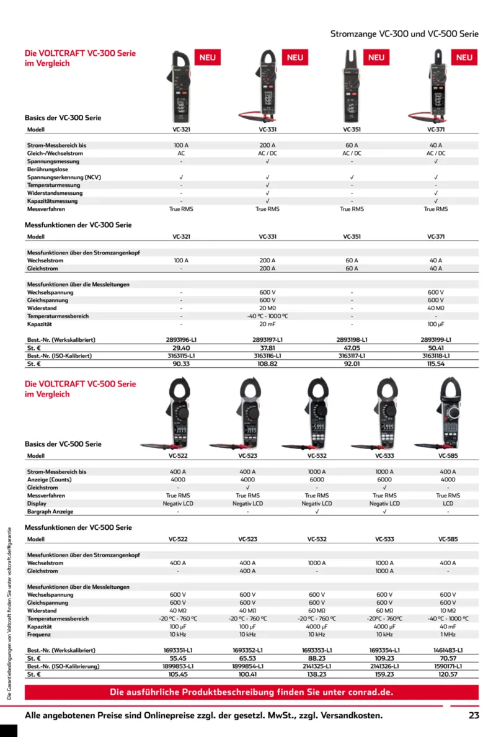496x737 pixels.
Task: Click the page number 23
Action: coord(474,715)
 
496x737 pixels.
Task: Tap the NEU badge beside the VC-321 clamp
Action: coord(208,58)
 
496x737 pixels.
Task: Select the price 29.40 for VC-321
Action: coord(181,348)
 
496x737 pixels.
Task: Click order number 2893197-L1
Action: coord(267,340)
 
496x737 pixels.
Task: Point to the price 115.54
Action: coord(436,364)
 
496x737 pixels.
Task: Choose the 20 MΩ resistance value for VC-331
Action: coord(267,308)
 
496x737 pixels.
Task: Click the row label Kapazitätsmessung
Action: coord(53,201)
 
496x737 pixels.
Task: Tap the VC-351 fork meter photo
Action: coord(352,87)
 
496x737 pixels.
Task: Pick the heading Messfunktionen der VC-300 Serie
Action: coord(78,225)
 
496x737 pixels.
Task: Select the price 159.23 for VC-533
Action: coord(384,674)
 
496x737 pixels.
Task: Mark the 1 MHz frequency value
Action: coord(448,635)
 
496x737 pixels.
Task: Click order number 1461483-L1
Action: coord(448,650)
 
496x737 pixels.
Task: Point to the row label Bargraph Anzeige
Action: coord(50,512)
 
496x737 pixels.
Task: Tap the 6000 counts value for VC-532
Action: coord(316,480)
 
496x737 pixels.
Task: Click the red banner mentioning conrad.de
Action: coord(251,692)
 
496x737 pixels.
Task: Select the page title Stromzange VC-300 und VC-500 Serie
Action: coord(404,34)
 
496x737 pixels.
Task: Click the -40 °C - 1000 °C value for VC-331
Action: coord(267,316)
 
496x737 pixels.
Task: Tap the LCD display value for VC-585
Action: coord(448,504)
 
